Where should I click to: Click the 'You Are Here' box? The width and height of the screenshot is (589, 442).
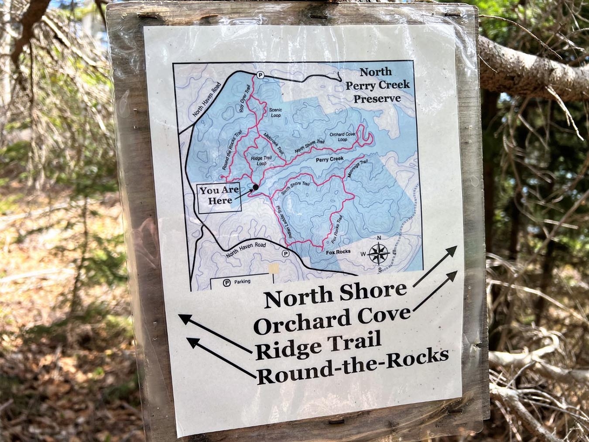click(x=219, y=198)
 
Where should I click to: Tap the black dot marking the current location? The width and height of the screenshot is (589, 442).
click(x=256, y=187)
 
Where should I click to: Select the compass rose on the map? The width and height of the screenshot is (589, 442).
click(x=379, y=254)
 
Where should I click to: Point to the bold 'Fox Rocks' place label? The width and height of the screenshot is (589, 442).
click(x=338, y=252)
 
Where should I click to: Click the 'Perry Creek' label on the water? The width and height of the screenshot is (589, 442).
click(x=330, y=159)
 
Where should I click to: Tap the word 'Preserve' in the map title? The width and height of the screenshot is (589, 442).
click(x=377, y=98)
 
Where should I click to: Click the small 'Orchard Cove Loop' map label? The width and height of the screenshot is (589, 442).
click(x=342, y=137)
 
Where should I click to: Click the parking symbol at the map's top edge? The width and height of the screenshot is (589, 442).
click(x=260, y=75)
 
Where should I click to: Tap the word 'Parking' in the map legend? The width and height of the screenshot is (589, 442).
click(x=242, y=282)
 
